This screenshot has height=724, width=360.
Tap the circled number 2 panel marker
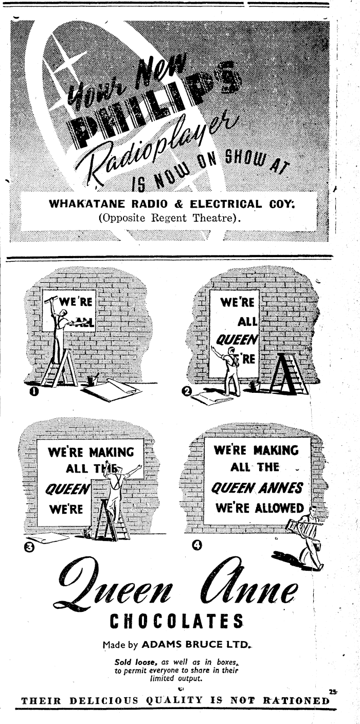[x=188, y=392]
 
